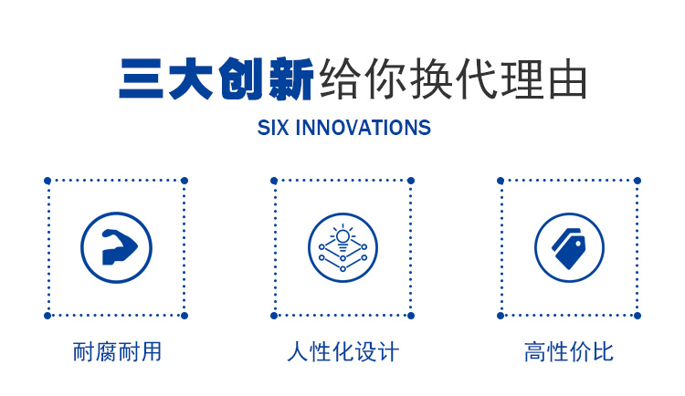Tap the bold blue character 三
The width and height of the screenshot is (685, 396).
point(141,79)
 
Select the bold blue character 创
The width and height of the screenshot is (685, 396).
point(241,79)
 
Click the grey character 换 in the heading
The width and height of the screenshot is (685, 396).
point(430,79)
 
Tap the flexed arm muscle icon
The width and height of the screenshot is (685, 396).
point(119,246)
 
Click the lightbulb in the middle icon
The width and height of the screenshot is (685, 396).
point(342,237)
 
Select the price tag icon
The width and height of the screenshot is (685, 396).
point(569,248)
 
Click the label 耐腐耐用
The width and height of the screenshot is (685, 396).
point(117,352)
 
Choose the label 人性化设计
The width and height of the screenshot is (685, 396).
point(342,352)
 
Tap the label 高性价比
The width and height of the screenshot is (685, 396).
point(569,352)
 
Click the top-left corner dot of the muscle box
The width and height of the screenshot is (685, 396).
point(47,181)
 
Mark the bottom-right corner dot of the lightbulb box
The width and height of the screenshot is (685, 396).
point(411,315)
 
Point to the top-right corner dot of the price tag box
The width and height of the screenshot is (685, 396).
point(638,181)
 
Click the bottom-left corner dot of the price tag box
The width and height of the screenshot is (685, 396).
point(501,315)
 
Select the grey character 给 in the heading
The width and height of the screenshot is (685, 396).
point(341,79)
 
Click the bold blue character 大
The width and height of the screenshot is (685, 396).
point(191,79)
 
